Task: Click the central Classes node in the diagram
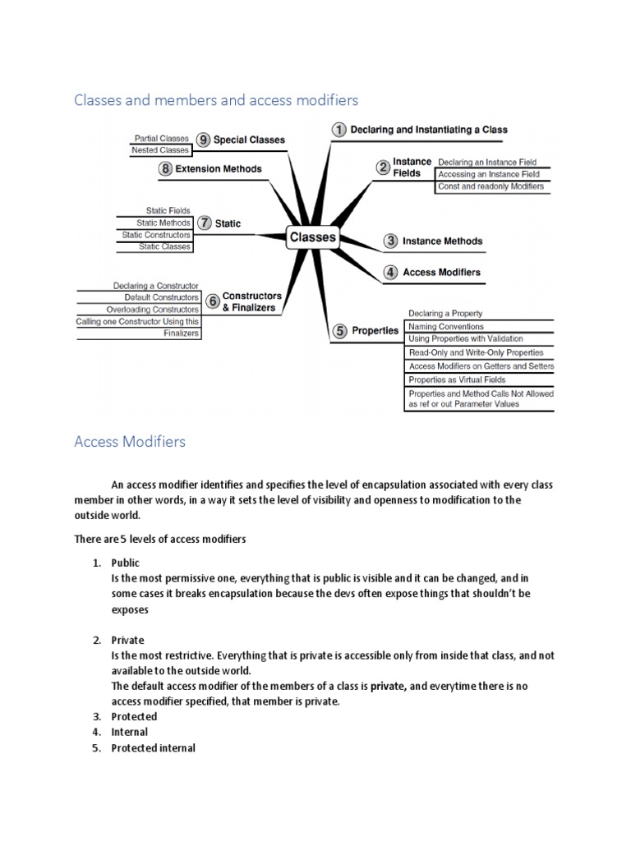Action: [313, 237]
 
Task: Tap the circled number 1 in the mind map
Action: [339, 130]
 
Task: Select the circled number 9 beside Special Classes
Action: [203, 140]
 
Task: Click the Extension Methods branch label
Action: [219, 169]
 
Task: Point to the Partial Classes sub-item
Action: [161, 139]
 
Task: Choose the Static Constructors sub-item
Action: [156, 235]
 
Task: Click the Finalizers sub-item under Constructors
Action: [181, 333]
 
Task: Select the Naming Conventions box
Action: [448, 326]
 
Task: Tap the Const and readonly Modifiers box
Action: [491, 186]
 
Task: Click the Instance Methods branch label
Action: [443, 241]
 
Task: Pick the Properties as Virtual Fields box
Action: [457, 379]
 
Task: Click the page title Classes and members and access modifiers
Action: [216, 100]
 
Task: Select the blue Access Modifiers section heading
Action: [130, 442]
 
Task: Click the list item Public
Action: [126, 563]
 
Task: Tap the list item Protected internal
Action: [153, 748]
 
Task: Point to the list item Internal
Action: [130, 732]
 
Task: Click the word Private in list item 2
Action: [127, 640]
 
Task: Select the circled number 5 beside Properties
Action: [339, 331]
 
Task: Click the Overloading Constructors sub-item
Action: [152, 309]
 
